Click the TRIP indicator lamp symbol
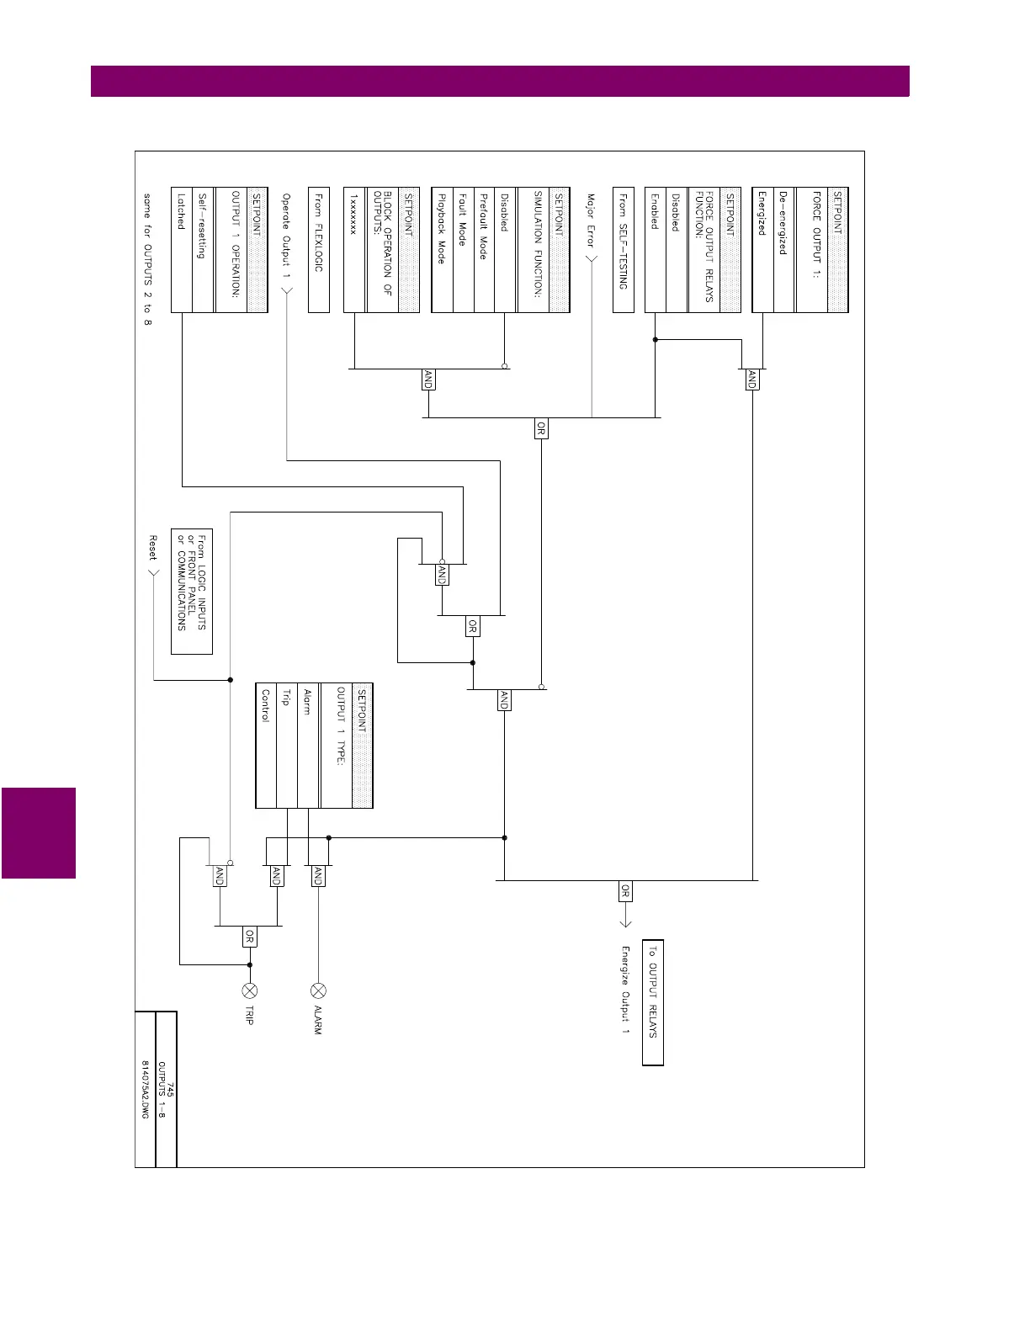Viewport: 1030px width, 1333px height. click(249, 990)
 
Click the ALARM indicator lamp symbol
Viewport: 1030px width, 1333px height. click(318, 990)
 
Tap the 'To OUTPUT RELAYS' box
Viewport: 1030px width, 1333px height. click(653, 1002)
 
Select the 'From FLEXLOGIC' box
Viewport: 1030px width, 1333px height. click(318, 250)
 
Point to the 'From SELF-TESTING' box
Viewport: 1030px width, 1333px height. click(624, 250)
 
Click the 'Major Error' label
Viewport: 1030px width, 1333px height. click(591, 221)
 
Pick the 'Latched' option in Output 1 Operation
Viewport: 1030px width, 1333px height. click(181, 250)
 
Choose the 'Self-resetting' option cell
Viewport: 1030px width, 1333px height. click(203, 250)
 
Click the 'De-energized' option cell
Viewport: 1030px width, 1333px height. click(783, 250)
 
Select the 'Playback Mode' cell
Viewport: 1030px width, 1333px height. click(442, 250)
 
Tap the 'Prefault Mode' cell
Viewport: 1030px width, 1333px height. click(484, 250)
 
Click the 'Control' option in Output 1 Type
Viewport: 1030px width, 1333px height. click(266, 746)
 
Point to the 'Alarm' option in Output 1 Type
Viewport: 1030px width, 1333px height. click(308, 746)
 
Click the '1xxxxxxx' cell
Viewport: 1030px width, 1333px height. click(354, 250)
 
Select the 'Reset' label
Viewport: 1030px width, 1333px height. click(153, 548)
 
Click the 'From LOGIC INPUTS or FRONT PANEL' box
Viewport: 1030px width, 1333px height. click(192, 591)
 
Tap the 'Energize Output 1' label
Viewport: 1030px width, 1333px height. click(625, 990)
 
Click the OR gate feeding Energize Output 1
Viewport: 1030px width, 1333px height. click(624, 890)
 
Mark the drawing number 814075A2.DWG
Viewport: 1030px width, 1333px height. click(145, 1089)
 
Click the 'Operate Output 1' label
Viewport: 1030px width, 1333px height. click(286, 236)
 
